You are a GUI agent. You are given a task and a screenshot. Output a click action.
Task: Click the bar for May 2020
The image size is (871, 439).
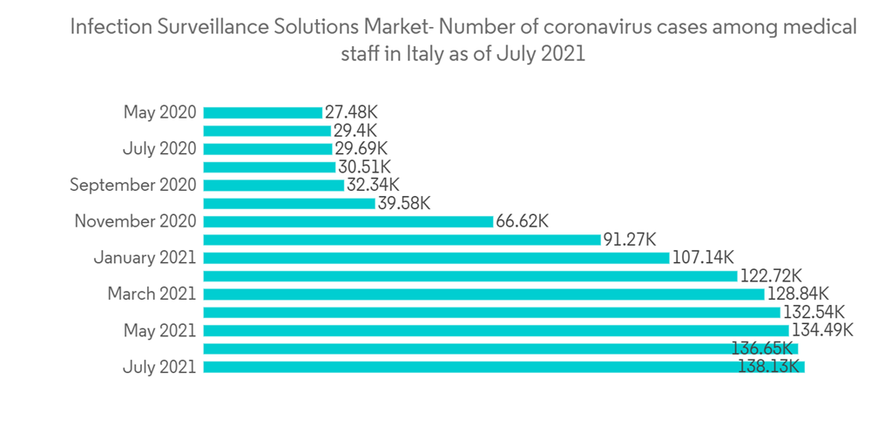(x=262, y=112)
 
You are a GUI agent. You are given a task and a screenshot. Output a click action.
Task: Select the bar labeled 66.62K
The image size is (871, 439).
(x=348, y=221)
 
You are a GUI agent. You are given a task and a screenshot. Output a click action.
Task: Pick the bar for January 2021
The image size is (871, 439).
(x=435, y=258)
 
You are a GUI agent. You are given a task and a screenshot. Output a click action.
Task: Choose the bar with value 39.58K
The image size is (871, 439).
(x=288, y=203)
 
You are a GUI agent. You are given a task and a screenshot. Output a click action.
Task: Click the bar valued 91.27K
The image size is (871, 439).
(x=402, y=240)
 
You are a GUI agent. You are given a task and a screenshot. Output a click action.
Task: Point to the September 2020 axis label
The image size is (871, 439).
(x=133, y=185)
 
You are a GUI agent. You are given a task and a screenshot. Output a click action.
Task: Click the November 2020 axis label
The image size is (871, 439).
(x=135, y=221)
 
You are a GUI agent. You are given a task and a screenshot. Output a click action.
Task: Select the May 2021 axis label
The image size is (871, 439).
(x=159, y=330)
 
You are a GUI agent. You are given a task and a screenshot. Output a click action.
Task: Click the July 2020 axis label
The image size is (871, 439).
(x=159, y=149)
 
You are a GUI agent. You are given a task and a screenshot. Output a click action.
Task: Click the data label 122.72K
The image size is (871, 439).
(x=771, y=276)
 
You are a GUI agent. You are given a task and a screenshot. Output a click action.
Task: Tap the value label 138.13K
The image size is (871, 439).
(x=769, y=367)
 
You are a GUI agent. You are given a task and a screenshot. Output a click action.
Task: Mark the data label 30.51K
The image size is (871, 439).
(x=365, y=166)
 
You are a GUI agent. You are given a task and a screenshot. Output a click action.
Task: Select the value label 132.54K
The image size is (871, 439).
(x=814, y=312)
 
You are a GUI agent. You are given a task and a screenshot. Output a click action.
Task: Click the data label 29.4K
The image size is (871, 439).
(x=355, y=131)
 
